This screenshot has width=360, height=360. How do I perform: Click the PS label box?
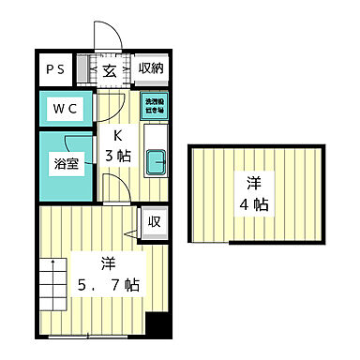click(x=56, y=70)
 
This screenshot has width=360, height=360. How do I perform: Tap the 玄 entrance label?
click(x=109, y=69)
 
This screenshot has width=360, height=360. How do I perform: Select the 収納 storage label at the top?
click(x=150, y=68)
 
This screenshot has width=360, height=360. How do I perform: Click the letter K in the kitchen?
click(x=119, y=133)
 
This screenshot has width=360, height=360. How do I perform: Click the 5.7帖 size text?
click(x=109, y=284)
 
